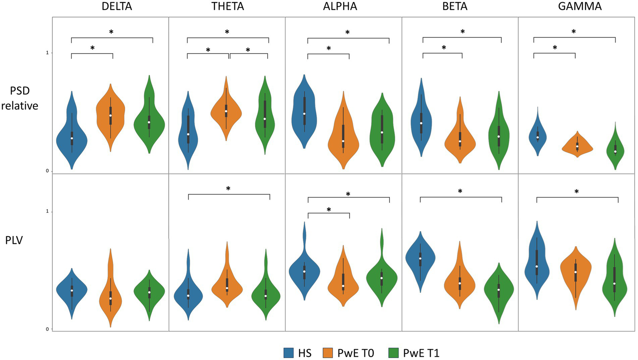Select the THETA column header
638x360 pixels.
[227, 6]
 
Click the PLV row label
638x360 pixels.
[14, 240]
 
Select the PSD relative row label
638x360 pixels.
[20, 99]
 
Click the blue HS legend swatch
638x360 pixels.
[289, 353]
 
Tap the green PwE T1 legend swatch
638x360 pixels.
[393, 353]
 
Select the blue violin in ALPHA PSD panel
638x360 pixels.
[304, 112]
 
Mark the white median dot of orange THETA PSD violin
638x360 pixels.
[226, 111]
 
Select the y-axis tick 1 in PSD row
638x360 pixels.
[47, 53]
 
